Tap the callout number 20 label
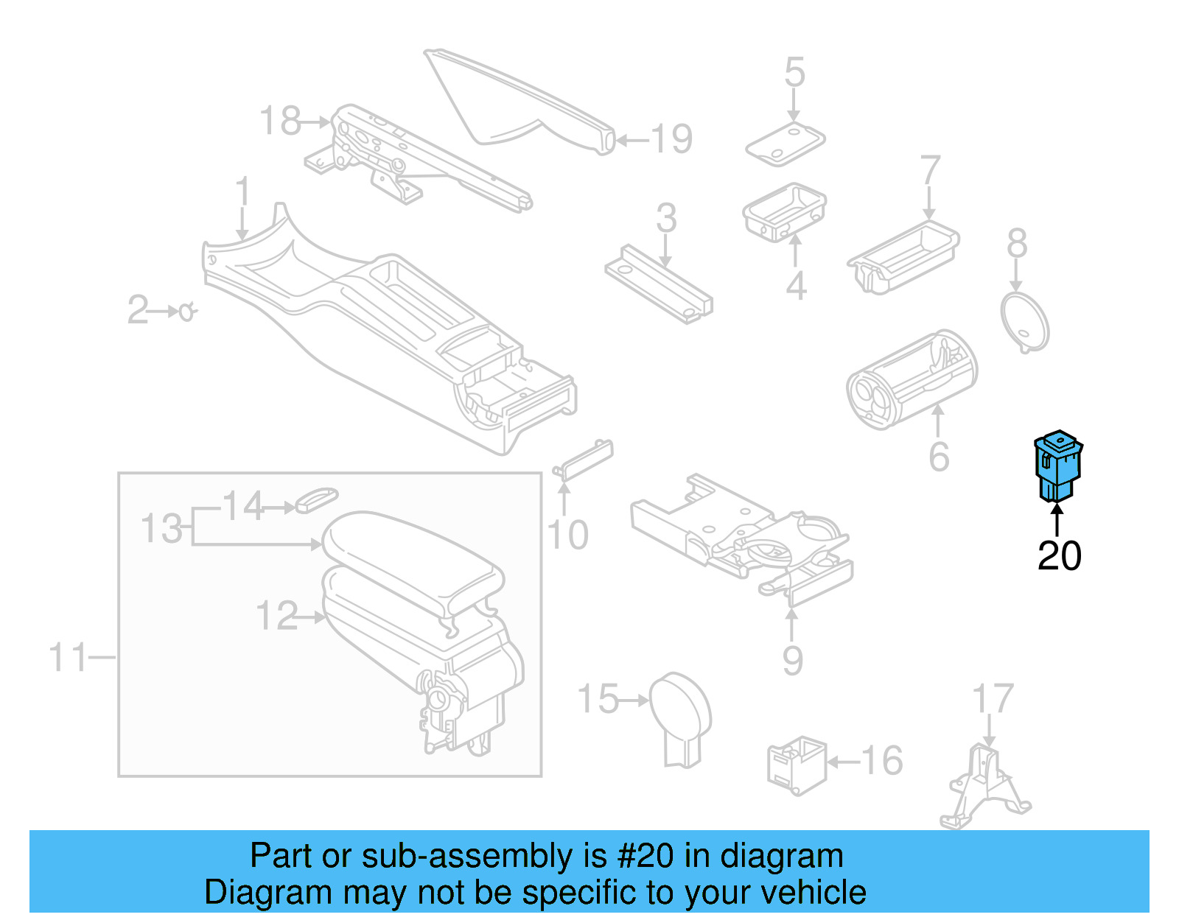point(1059,556)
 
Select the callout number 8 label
point(1017,244)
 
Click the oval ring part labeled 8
point(1024,321)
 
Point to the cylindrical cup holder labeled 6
point(912,379)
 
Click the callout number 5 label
point(794,73)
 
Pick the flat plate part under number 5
point(785,144)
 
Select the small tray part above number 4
point(784,211)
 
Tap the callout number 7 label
point(930,171)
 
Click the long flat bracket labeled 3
point(659,284)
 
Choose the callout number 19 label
point(671,139)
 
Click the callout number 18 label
point(281,122)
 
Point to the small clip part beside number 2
point(187,312)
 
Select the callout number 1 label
point(242,193)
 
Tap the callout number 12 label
point(277,616)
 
